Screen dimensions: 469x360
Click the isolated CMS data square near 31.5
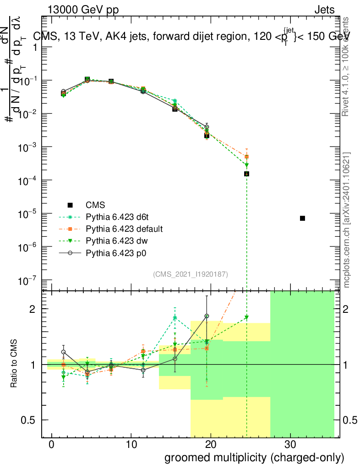(302, 218)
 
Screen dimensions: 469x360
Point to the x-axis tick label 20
(210, 444)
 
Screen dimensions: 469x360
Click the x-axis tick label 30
(289, 444)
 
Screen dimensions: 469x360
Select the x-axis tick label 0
(52, 444)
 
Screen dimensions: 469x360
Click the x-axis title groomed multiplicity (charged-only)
(254, 457)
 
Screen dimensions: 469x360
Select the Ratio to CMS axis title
(14, 364)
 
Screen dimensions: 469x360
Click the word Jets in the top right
(324, 10)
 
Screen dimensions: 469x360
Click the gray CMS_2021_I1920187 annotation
(191, 274)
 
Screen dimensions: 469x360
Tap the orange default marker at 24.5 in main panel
(246, 157)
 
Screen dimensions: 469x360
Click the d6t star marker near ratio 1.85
(175, 317)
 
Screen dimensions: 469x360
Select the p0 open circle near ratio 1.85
(207, 316)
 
